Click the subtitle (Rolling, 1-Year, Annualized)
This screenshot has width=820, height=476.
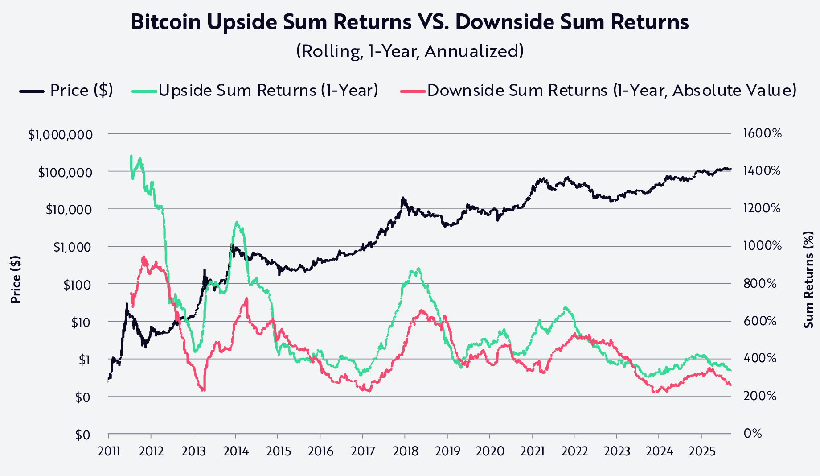pos(410,51)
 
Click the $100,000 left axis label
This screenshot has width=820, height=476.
pos(65,172)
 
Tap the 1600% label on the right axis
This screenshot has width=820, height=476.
pos(762,133)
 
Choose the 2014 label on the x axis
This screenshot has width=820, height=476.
pos(236,451)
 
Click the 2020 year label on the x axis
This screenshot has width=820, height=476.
pos(490,451)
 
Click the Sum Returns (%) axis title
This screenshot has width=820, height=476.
pos(808,280)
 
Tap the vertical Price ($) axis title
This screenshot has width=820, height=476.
pos(16,280)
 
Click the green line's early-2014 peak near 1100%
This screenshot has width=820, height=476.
pos(236,222)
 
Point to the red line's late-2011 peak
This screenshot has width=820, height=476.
pos(143,257)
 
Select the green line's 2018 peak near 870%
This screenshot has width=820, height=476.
pos(418,269)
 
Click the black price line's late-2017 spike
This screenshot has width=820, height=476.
pos(403,198)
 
